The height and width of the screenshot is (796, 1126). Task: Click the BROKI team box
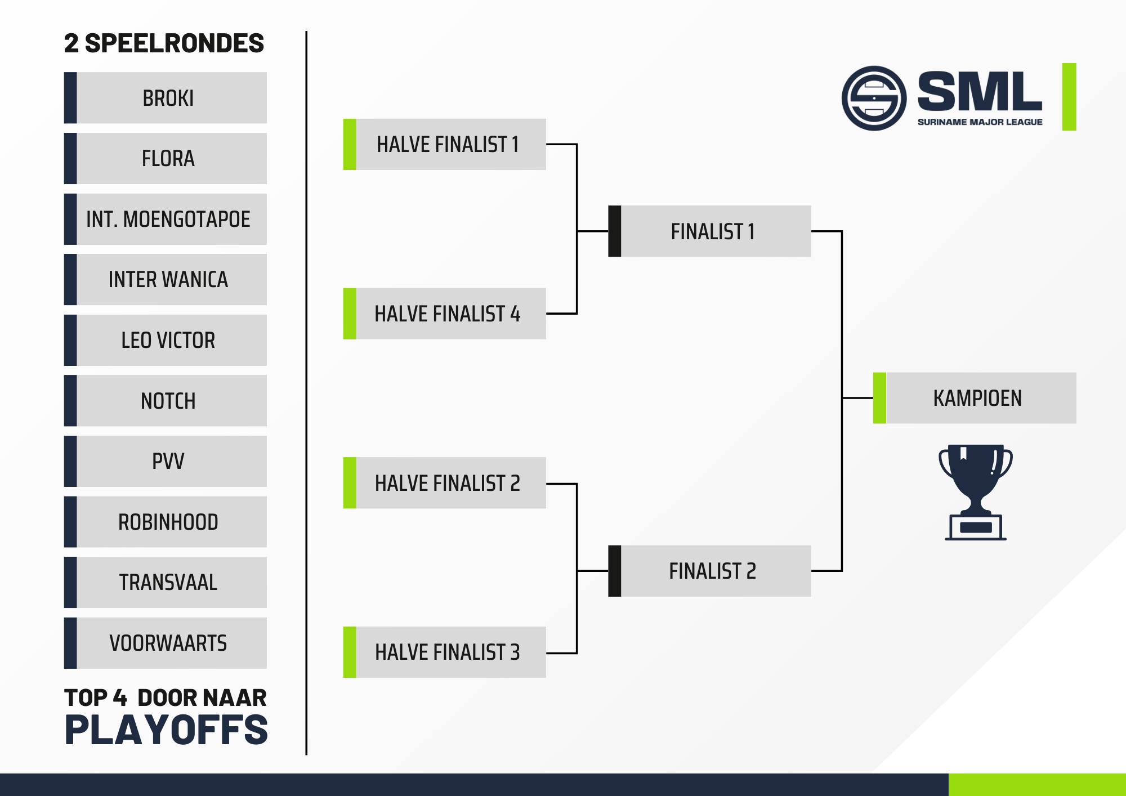point(166,97)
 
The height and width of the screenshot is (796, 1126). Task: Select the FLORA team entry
point(166,158)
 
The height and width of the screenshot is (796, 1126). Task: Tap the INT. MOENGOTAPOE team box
point(166,219)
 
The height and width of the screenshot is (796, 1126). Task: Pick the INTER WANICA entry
point(166,279)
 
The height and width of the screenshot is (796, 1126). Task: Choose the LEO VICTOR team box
point(166,340)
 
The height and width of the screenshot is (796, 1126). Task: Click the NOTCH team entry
point(166,401)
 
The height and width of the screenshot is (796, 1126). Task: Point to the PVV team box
point(166,461)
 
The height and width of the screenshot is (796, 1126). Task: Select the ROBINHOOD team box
point(166,522)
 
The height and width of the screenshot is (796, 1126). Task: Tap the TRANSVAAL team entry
point(166,582)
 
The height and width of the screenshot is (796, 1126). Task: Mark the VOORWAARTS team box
point(166,643)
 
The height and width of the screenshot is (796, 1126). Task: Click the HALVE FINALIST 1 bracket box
point(445,144)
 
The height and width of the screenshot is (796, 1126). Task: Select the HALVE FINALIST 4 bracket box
point(445,314)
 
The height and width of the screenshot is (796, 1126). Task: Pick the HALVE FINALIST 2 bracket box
point(445,483)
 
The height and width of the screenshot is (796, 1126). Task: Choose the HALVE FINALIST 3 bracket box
point(445,652)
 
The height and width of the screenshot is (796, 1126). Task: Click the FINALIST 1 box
point(710,231)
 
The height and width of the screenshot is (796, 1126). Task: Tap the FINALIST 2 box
point(710,571)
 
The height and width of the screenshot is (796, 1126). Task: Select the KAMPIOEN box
point(975,398)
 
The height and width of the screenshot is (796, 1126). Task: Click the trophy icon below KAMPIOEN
point(976,493)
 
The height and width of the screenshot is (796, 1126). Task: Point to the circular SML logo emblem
point(874,99)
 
